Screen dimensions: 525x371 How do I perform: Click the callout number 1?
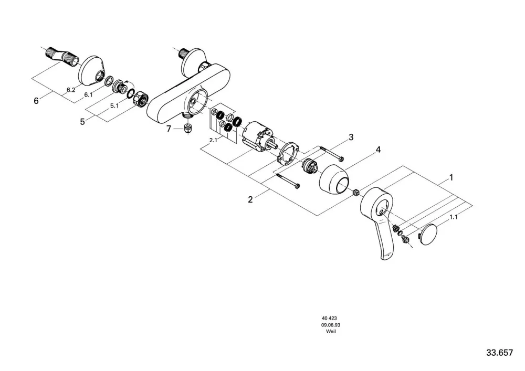[450, 177]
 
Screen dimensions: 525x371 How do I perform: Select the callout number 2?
[250, 200]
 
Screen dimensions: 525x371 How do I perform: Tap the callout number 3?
[351, 137]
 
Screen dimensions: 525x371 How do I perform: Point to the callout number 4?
[378, 150]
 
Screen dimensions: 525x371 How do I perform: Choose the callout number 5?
[82, 122]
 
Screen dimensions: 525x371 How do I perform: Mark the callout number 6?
[36, 100]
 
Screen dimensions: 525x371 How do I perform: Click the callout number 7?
[169, 129]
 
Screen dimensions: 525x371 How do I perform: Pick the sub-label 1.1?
[454, 217]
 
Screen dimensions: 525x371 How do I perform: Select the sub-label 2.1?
[213, 141]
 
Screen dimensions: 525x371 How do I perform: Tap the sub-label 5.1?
[114, 105]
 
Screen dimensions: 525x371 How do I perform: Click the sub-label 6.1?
[88, 95]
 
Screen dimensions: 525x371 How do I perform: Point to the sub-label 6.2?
[71, 90]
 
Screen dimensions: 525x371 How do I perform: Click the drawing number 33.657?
[500, 353]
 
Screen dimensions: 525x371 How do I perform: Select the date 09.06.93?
[331, 325]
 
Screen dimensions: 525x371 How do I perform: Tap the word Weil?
[331, 332]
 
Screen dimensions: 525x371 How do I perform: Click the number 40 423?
[330, 319]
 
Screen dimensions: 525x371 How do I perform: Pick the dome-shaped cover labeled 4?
[334, 178]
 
